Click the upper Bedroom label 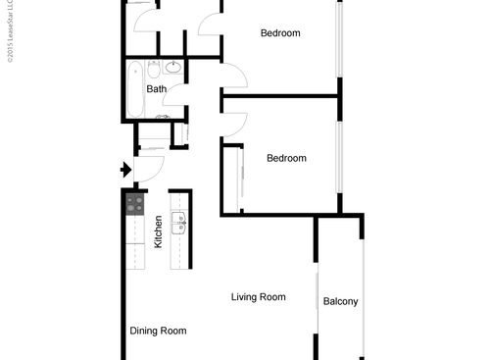click(x=279, y=33)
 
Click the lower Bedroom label click(x=286, y=158)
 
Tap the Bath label click(x=156, y=89)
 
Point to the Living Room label click(x=258, y=297)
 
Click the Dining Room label click(x=158, y=332)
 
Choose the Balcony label click(x=340, y=301)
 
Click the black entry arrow click(x=124, y=170)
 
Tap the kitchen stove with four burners click(x=135, y=204)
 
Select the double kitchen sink click(x=179, y=224)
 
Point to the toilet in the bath click(x=162, y=115)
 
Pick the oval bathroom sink click(x=173, y=68)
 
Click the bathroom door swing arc click(x=176, y=93)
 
